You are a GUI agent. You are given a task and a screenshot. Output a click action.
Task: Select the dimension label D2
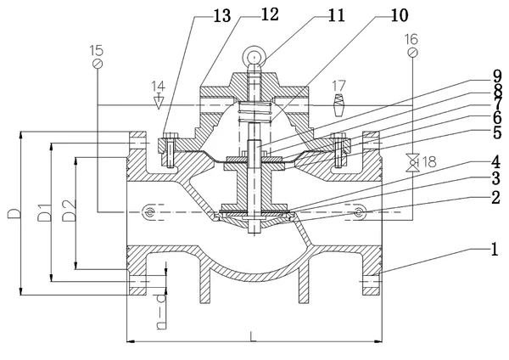click(70, 210)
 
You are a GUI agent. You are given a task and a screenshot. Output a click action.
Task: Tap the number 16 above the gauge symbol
click(411, 39)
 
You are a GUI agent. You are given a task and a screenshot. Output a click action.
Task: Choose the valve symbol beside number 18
click(411, 160)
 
